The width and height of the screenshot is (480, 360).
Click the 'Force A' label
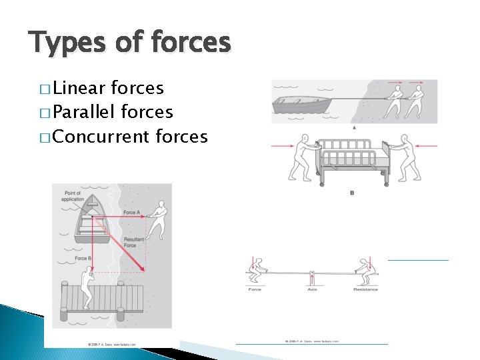[131, 213]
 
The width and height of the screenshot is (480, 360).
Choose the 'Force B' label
[83, 258]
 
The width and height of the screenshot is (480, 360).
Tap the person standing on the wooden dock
[87, 287]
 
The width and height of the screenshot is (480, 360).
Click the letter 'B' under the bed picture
[352, 193]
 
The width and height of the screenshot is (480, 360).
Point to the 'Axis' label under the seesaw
[312, 289]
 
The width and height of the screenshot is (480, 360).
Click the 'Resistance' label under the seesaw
[365, 289]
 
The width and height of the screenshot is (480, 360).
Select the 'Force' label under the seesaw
[255, 289]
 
